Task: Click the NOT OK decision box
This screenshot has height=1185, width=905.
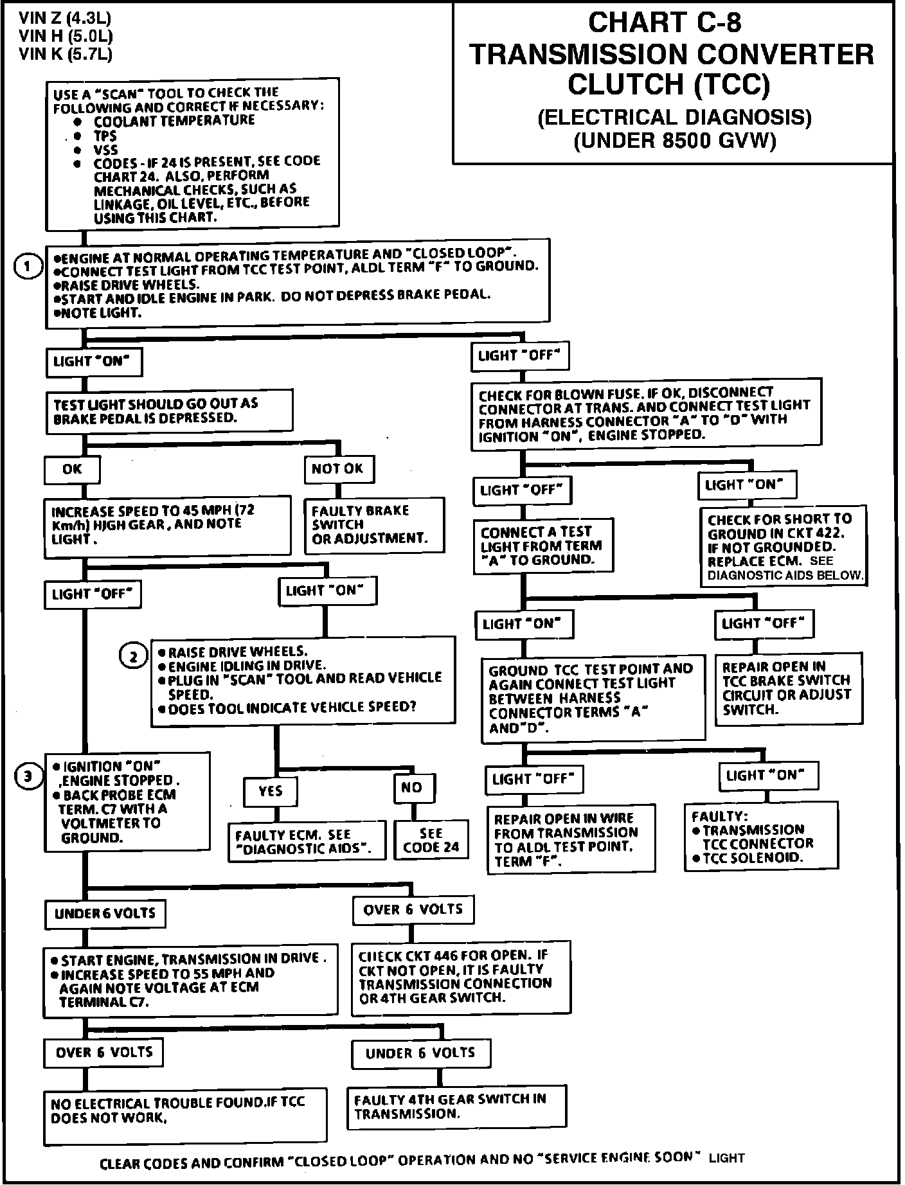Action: [x=338, y=469]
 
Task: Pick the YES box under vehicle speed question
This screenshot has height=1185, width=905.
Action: [x=271, y=791]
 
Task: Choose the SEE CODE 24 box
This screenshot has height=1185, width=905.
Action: [x=431, y=840]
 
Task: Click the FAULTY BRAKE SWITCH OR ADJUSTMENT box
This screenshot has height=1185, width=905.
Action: [x=374, y=524]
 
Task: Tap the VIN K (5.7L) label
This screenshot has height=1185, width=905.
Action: [x=66, y=54]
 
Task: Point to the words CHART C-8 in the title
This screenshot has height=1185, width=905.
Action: [x=664, y=23]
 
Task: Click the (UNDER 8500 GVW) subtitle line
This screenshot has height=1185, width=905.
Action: [x=674, y=140]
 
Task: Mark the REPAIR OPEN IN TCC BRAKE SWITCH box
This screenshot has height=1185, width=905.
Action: [x=789, y=688]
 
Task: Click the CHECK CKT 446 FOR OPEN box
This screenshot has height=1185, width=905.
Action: [x=460, y=977]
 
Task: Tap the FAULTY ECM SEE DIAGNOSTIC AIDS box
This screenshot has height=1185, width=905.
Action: [x=307, y=841]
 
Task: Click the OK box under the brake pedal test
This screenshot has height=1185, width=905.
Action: [x=72, y=469]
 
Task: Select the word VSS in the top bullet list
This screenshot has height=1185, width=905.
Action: [x=106, y=150]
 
